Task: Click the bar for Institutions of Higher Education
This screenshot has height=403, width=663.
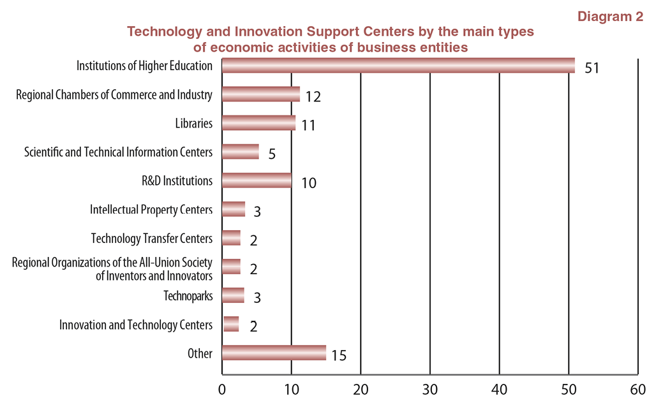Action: (x=398, y=66)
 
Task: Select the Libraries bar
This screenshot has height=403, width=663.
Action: (x=258, y=123)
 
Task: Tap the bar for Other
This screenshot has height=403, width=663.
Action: (x=274, y=353)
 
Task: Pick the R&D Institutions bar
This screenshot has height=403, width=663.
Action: (x=257, y=180)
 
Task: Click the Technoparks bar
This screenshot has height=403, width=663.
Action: (x=233, y=295)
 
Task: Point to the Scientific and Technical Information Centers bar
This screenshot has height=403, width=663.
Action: (x=240, y=152)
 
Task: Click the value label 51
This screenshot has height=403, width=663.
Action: (x=592, y=67)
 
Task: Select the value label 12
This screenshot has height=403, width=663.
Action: (x=312, y=96)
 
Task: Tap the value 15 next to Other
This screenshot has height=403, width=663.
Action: (x=338, y=355)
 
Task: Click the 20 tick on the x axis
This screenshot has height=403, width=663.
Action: (x=361, y=389)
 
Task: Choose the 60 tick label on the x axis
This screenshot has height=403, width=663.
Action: (x=637, y=389)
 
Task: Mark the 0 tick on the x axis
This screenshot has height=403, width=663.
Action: (x=222, y=389)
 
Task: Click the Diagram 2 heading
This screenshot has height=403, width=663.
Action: (x=610, y=17)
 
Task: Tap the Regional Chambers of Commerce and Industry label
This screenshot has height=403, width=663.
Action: (x=114, y=95)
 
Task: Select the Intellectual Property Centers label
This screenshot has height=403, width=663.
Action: (x=151, y=209)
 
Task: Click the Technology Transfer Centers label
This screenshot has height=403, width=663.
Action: (x=151, y=238)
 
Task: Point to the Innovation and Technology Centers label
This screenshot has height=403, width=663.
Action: (x=135, y=325)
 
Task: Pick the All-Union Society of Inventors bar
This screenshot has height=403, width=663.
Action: (x=231, y=267)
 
